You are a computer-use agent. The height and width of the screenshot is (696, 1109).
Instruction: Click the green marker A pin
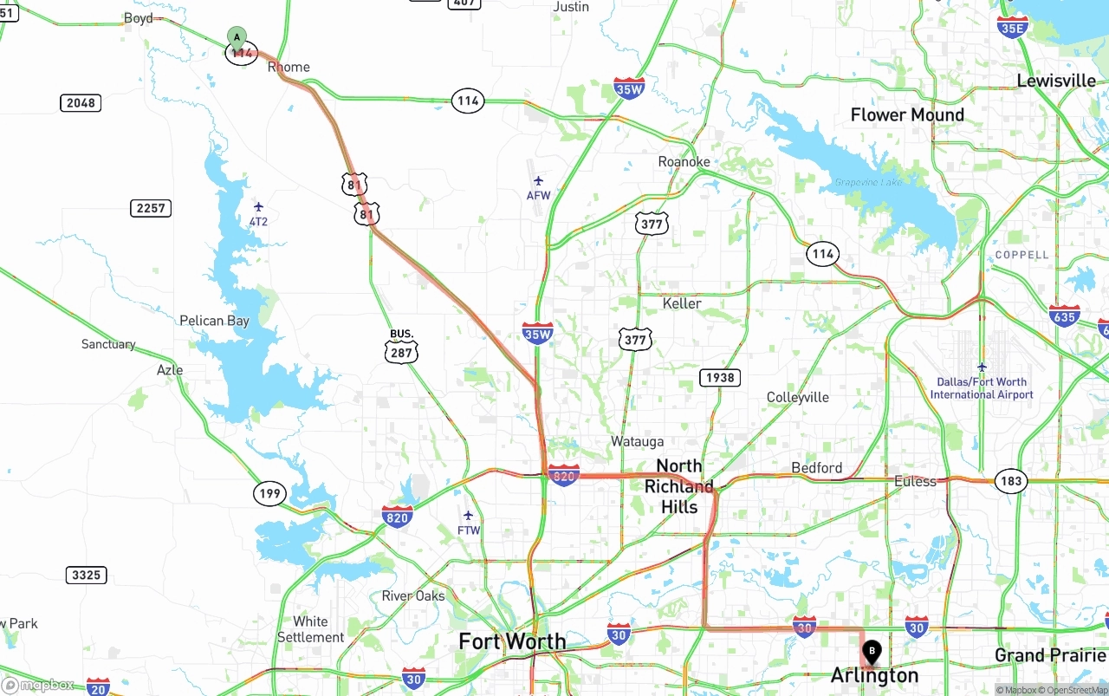237,38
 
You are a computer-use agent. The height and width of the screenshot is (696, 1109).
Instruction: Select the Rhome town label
289,67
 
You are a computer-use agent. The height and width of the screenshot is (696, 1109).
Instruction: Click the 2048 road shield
81,103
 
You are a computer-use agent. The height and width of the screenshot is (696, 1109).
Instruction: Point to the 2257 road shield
151,208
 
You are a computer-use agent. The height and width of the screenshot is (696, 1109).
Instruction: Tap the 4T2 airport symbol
258,206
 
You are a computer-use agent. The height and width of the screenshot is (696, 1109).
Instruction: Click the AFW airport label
538,195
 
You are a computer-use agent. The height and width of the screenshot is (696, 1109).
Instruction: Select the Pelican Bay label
214,321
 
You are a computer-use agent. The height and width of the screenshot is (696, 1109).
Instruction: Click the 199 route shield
269,494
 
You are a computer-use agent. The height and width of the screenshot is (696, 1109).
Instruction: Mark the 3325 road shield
86,575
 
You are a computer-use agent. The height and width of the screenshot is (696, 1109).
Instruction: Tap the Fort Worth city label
512,641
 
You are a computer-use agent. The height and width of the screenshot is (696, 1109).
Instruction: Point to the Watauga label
637,441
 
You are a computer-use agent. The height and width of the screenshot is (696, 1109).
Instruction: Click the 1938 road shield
720,377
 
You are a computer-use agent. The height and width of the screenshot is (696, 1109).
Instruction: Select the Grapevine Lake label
868,182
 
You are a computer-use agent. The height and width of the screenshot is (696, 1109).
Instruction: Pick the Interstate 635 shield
1064,315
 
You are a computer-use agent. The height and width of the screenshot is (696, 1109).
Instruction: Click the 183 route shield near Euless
1011,481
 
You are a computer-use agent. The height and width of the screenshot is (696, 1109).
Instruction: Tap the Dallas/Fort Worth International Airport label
982,388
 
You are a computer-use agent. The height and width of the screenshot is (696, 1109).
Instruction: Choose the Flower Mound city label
907,114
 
